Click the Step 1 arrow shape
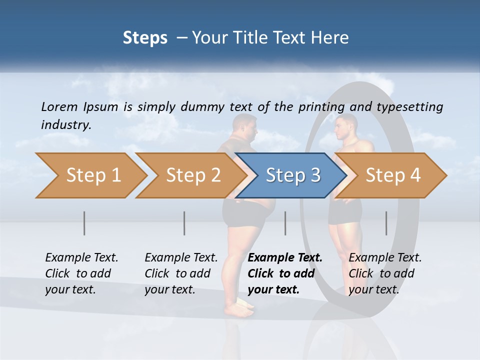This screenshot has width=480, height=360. (92, 175)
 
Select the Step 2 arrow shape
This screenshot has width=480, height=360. (192, 175)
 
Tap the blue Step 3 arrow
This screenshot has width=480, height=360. (292, 175)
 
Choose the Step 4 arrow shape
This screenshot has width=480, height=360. (392, 175)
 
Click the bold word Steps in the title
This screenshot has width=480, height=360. (145, 38)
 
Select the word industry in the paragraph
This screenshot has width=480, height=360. (65, 125)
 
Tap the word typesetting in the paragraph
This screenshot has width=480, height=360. (409, 107)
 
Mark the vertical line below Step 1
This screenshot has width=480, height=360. (84, 223)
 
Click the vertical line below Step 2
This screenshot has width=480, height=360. (184, 223)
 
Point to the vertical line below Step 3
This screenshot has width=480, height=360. (285, 223)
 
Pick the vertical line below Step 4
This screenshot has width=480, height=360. (386, 223)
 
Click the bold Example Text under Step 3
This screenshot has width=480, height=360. (285, 258)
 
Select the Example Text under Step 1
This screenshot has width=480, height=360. (81, 258)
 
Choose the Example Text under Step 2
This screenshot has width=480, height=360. (181, 258)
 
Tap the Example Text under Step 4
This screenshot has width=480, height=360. (385, 258)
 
